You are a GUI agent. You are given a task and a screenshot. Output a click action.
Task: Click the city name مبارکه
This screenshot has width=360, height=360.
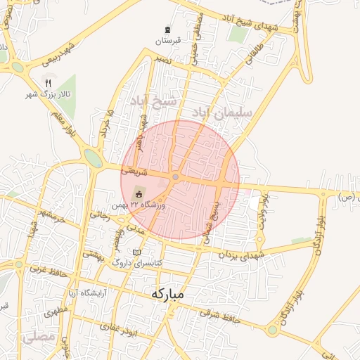(x=167, y=295)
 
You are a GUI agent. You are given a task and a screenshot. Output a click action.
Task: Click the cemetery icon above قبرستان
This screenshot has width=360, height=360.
(x=167, y=29)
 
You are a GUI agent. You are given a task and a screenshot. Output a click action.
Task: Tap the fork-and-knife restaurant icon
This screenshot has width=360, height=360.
(x=49, y=82)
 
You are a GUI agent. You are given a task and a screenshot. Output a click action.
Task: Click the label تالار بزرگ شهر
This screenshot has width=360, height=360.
(x=40, y=93)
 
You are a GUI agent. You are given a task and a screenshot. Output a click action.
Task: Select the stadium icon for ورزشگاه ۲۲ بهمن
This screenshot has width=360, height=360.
(x=138, y=193)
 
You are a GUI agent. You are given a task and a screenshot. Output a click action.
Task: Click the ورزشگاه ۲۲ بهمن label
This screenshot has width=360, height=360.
(x=147, y=205)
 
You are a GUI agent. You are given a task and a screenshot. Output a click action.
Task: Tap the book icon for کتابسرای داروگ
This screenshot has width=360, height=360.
(x=137, y=252)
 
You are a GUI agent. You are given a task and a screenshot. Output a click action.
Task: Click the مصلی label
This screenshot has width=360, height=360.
(x=37, y=337)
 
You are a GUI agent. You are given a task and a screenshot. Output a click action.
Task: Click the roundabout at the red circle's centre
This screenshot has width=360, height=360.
(x=175, y=177)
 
